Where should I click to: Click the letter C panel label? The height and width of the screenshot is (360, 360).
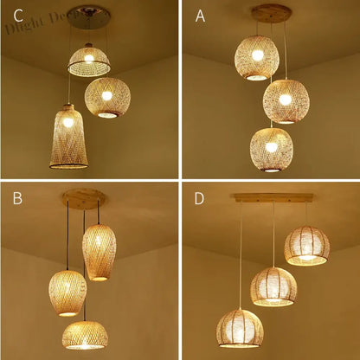click(12, 15)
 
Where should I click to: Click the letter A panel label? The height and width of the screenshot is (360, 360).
click(200, 15)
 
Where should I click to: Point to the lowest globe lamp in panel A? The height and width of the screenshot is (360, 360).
click(272, 148)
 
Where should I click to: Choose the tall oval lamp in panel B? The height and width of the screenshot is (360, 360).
click(99, 251)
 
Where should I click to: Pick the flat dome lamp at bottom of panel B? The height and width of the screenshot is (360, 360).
click(84, 333)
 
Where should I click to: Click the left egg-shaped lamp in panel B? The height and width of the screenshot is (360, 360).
click(67, 292)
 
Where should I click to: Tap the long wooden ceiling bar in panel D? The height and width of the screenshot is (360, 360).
click(271, 197)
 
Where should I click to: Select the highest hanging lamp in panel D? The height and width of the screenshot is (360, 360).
click(307, 245)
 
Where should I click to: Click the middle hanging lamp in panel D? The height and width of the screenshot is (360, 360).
click(273, 287)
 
